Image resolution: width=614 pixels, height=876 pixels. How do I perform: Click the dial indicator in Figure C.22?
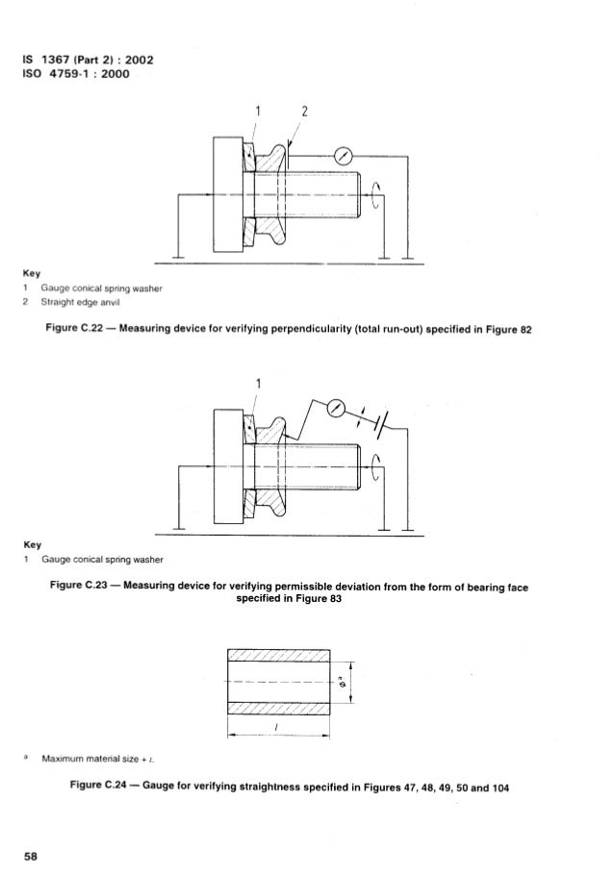pyautogui.click(x=343, y=156)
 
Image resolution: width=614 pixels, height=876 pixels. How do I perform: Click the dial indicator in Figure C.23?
pyautogui.click(x=336, y=409)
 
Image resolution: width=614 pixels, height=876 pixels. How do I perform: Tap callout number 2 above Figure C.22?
pyautogui.click(x=304, y=112)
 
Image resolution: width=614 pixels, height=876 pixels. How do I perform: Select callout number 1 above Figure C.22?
pyautogui.click(x=257, y=112)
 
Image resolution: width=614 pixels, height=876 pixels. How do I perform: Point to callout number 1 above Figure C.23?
pyautogui.click(x=258, y=384)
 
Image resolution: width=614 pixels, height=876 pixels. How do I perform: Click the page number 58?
pyautogui.click(x=31, y=856)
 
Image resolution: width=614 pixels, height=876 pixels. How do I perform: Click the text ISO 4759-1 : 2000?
pyautogui.click(x=76, y=74)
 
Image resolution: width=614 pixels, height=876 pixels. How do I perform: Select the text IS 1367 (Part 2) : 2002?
pyautogui.click(x=88, y=60)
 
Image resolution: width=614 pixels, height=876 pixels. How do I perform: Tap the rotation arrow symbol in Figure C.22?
pyautogui.click(x=375, y=195)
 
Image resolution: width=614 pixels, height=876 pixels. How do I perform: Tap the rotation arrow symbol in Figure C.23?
pyautogui.click(x=375, y=467)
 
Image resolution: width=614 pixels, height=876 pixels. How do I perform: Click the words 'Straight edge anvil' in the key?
pyautogui.click(x=80, y=302)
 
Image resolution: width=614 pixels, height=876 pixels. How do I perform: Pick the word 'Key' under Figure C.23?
pyautogui.click(x=32, y=544)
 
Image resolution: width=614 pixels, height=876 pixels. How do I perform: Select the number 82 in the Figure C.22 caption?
pyautogui.click(x=525, y=330)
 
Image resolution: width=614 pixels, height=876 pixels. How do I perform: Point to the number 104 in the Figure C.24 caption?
pyautogui.click(x=499, y=788)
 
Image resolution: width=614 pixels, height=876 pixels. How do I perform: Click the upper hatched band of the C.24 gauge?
pyautogui.click(x=278, y=655)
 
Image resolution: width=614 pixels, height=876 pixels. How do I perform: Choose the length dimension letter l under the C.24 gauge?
pyautogui.click(x=277, y=727)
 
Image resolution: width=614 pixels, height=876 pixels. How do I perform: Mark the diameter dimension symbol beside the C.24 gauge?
pyautogui.click(x=343, y=682)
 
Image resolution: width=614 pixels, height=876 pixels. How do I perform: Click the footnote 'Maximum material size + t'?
pyautogui.click(x=98, y=759)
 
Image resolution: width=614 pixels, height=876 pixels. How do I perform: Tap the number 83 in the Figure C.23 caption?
pyautogui.click(x=334, y=598)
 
